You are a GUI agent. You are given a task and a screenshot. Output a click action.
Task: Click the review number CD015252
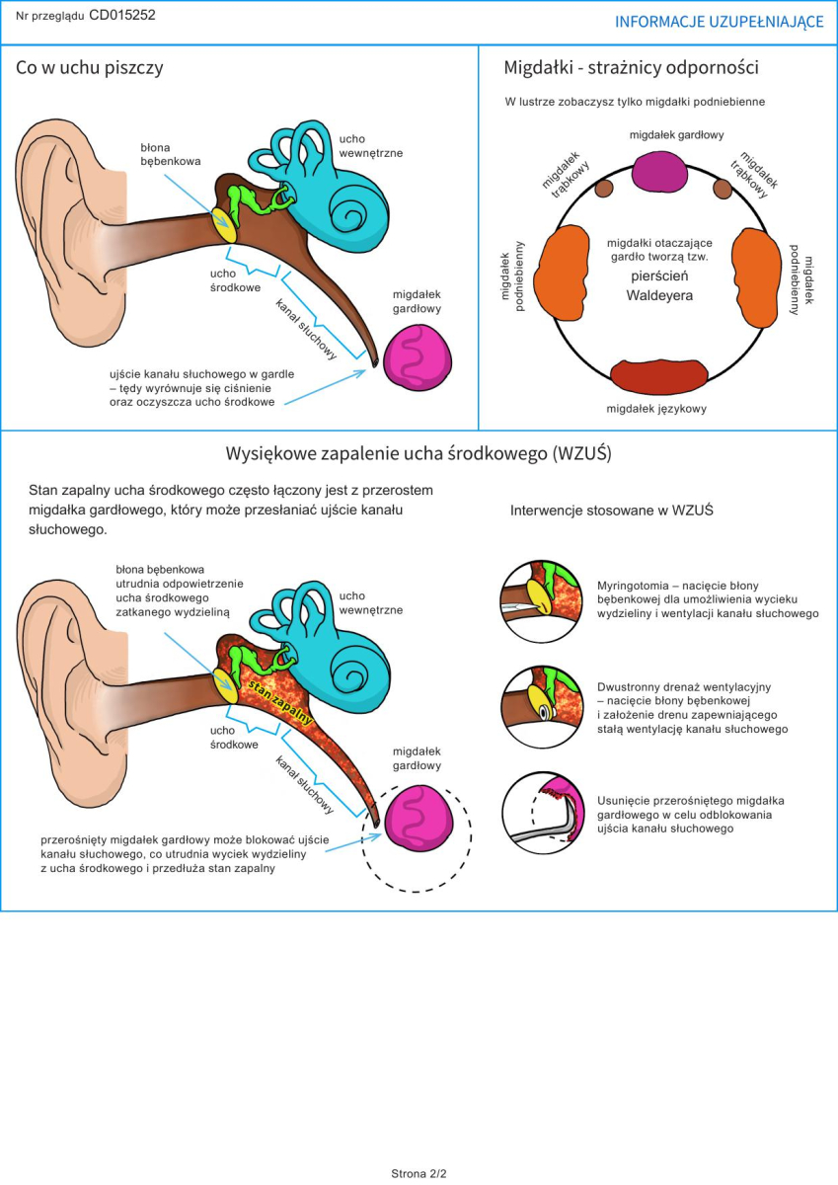(122, 15)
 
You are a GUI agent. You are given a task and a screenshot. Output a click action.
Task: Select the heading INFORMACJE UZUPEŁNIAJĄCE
(719, 22)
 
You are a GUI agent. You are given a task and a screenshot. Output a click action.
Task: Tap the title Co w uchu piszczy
(90, 68)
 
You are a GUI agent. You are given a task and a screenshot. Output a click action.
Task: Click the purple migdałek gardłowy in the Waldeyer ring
(659, 172)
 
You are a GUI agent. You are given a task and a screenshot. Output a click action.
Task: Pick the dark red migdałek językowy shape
(658, 376)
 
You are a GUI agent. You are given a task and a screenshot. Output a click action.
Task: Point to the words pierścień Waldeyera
(659, 285)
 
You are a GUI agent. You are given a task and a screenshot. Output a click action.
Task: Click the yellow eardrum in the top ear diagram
(224, 225)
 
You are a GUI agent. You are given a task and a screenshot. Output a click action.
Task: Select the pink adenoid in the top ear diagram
(418, 357)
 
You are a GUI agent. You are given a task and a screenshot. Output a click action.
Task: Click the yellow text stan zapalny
(280, 702)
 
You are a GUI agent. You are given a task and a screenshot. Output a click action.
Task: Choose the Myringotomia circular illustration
(542, 602)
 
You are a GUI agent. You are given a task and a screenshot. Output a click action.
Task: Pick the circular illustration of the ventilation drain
(542, 707)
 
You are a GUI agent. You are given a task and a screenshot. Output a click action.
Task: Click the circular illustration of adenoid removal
(543, 813)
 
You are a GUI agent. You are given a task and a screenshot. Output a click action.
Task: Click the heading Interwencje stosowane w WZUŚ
(612, 511)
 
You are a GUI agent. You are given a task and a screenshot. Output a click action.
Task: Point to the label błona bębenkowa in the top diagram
(170, 154)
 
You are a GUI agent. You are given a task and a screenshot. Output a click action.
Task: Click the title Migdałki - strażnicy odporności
(632, 68)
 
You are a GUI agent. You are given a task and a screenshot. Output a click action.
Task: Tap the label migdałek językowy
(656, 409)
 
